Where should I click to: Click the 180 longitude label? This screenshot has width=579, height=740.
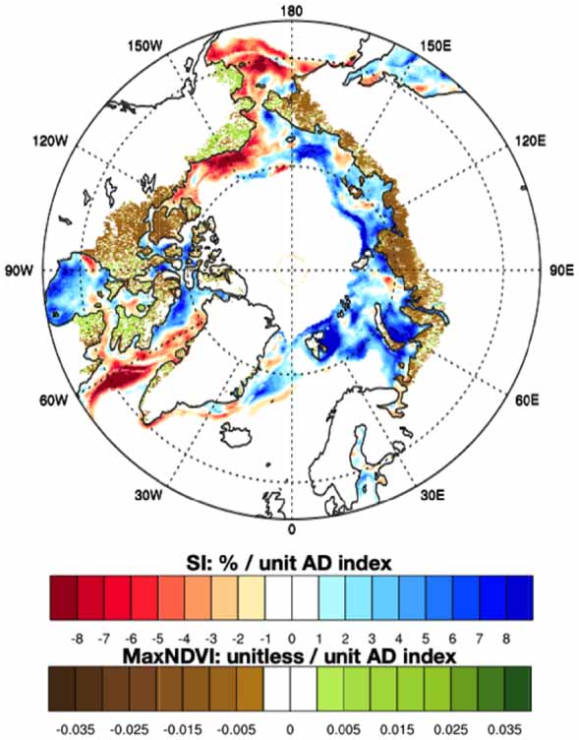click(x=290, y=11)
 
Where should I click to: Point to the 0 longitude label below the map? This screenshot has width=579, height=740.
click(x=291, y=529)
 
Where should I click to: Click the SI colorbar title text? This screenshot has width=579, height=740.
click(x=290, y=562)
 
